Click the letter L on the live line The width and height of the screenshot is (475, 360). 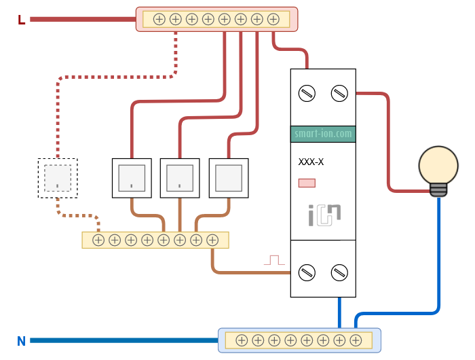coord(21,20)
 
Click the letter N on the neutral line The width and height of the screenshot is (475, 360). coord(21,341)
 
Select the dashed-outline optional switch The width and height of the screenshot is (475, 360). coord(58,178)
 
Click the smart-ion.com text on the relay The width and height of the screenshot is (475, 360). coord(323,134)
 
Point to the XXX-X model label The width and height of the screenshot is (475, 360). coord(311,162)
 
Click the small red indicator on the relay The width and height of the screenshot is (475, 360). coord(307,183)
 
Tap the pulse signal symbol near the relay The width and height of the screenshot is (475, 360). coord(273,259)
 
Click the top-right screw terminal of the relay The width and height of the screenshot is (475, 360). coord(339,93)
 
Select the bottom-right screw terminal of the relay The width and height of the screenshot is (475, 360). coord(339,272)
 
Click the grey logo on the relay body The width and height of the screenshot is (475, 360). coord(323,214)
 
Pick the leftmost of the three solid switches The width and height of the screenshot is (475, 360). coord(131,178)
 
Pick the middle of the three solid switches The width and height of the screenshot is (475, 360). coord(180,178)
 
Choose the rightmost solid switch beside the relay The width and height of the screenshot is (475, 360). coord(229,178)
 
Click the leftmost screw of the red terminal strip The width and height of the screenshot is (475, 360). coord(159,19)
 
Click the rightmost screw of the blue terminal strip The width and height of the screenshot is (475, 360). coord(356,340)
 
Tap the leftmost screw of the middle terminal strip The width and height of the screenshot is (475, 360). coord(98,240)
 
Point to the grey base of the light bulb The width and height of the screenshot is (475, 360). coord(438,190)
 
